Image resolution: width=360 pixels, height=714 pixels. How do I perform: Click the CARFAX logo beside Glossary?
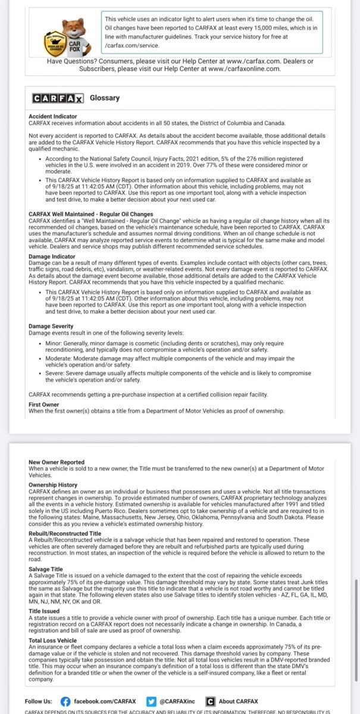(x=58, y=98)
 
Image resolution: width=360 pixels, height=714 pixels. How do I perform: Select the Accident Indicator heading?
(x=52, y=117)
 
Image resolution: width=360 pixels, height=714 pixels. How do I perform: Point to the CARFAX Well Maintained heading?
(x=90, y=214)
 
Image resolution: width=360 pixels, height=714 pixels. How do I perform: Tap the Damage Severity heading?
(x=51, y=326)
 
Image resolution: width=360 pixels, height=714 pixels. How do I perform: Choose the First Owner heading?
(x=43, y=405)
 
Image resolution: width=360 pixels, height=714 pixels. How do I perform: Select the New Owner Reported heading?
(x=57, y=462)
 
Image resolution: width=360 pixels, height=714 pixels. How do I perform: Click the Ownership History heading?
(x=53, y=485)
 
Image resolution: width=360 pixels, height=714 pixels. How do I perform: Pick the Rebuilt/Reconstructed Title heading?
(x=64, y=534)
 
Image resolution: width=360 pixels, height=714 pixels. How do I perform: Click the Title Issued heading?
(x=44, y=611)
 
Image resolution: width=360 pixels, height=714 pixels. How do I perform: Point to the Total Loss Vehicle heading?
(x=53, y=640)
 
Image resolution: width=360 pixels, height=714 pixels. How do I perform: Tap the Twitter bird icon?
(x=151, y=702)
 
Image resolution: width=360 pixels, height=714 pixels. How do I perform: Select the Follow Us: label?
(x=39, y=702)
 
